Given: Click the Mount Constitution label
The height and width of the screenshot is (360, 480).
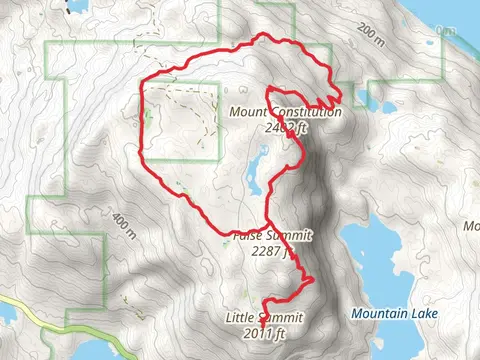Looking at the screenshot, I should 285,113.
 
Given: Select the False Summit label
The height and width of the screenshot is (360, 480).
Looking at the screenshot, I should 272,236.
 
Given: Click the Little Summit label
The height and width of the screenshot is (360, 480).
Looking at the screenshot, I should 264,318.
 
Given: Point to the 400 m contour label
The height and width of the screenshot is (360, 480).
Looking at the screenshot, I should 125,228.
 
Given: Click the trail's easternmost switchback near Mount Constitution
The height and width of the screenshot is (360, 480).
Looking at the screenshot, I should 341,97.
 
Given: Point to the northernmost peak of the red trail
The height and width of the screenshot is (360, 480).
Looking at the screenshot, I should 264,36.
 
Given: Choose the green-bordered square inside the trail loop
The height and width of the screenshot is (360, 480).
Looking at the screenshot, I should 184,120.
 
